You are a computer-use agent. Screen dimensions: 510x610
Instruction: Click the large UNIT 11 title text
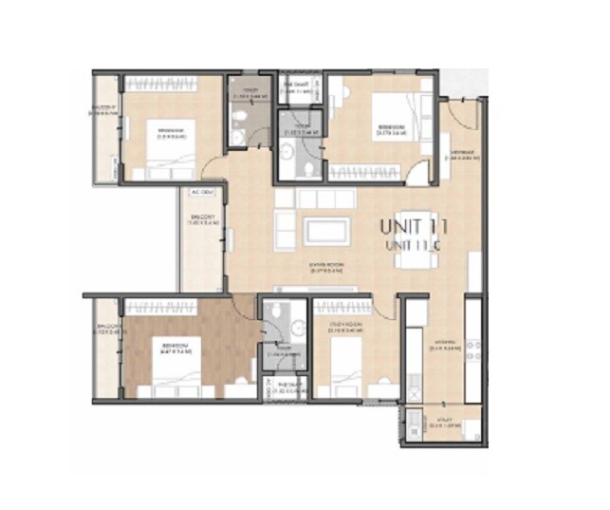(413, 227)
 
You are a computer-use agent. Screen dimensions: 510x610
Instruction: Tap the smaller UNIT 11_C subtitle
(414, 245)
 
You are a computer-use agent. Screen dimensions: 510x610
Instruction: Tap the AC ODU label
(201, 191)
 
